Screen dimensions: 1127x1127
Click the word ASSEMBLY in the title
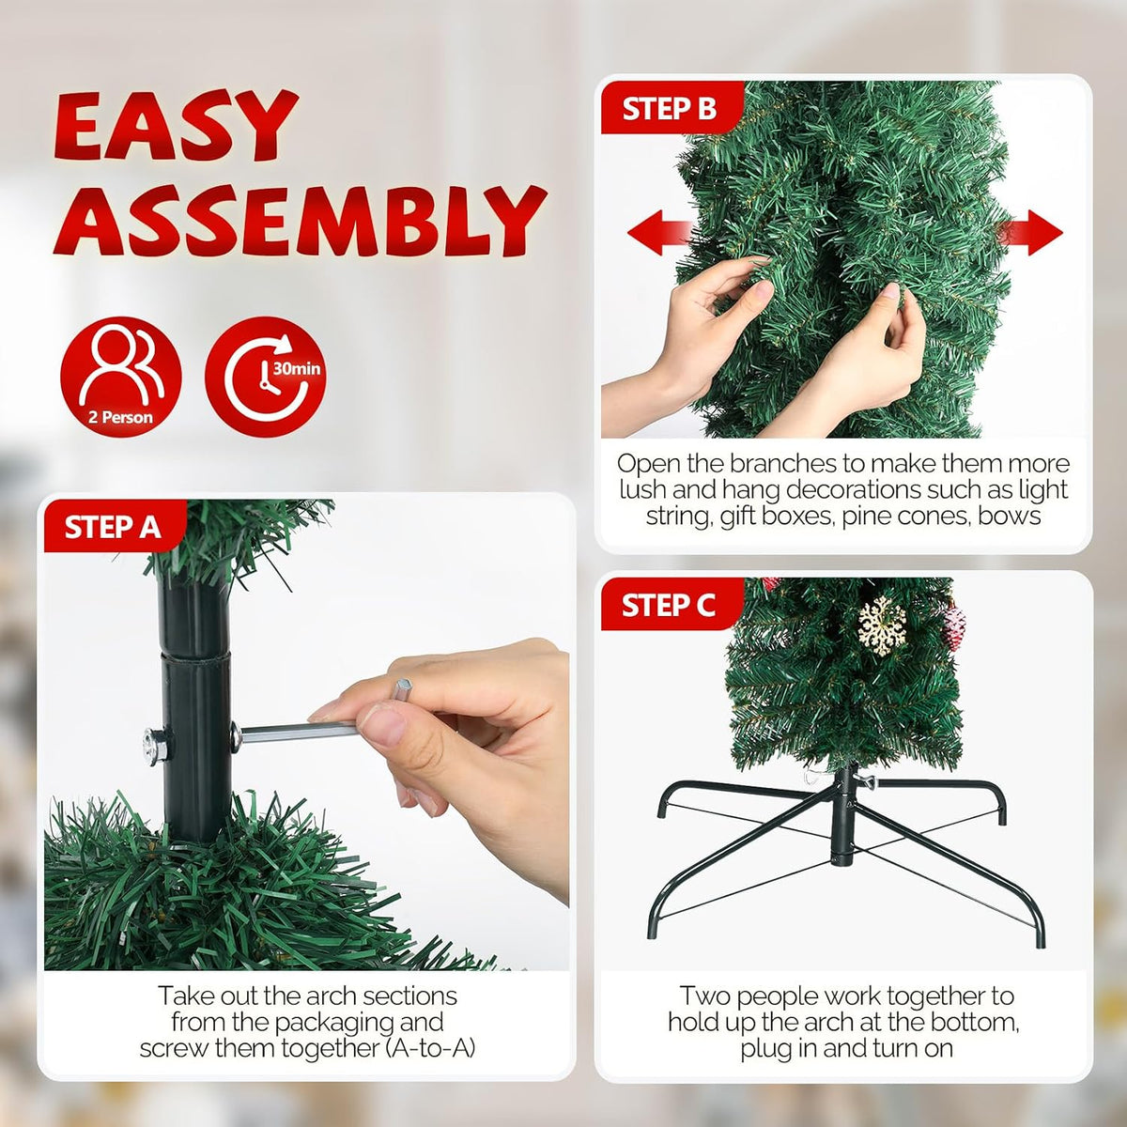(x=300, y=220)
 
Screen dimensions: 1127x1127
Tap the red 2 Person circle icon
(x=121, y=377)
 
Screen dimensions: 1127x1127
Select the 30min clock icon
(x=266, y=377)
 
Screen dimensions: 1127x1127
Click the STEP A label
(x=113, y=528)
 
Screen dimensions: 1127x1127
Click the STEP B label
(x=669, y=109)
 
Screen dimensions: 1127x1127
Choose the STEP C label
(x=669, y=605)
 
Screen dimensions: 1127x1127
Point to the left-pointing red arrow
(x=657, y=233)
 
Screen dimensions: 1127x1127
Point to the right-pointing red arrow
(x=1030, y=233)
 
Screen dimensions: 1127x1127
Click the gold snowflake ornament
(x=881, y=625)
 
